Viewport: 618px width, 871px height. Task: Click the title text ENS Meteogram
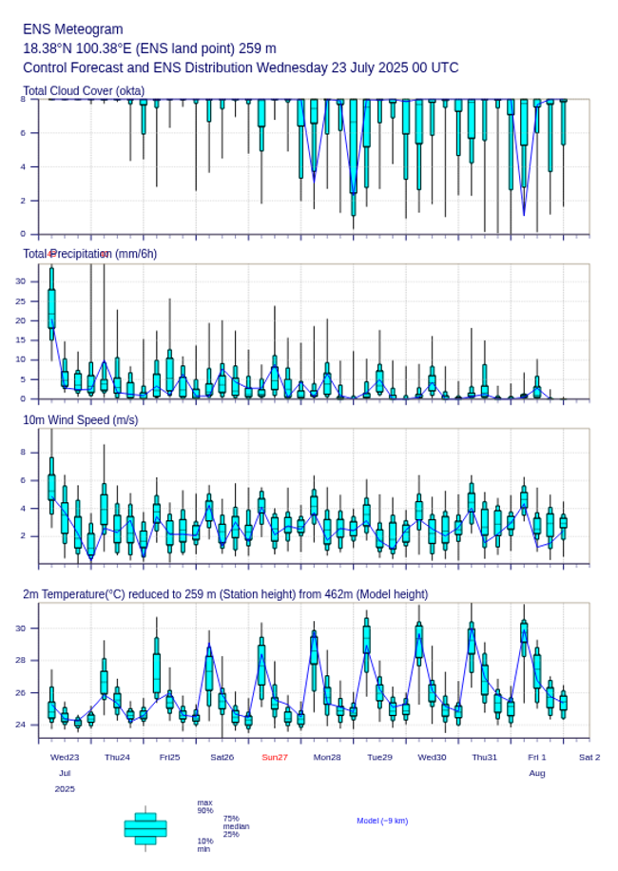72,29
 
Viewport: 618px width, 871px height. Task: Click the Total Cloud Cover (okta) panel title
84,91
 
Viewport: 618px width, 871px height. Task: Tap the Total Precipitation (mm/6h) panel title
90,254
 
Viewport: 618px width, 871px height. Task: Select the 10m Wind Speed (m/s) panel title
80,419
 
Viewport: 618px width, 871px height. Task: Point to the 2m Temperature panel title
225,594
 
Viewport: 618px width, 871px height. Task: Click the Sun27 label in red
275,757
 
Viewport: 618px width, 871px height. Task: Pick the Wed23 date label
65,757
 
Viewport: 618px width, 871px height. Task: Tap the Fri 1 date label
537,757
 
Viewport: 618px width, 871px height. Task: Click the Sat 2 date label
589,757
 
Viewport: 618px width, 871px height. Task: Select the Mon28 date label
327,757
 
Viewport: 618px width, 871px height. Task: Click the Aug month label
537,773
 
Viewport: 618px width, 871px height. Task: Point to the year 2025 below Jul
65,789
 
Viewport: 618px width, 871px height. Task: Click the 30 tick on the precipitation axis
21,281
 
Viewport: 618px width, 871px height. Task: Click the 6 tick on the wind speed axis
25,480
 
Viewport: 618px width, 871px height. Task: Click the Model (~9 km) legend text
382,821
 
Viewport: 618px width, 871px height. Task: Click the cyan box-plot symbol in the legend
145,828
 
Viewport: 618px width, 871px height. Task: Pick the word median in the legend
236,826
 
